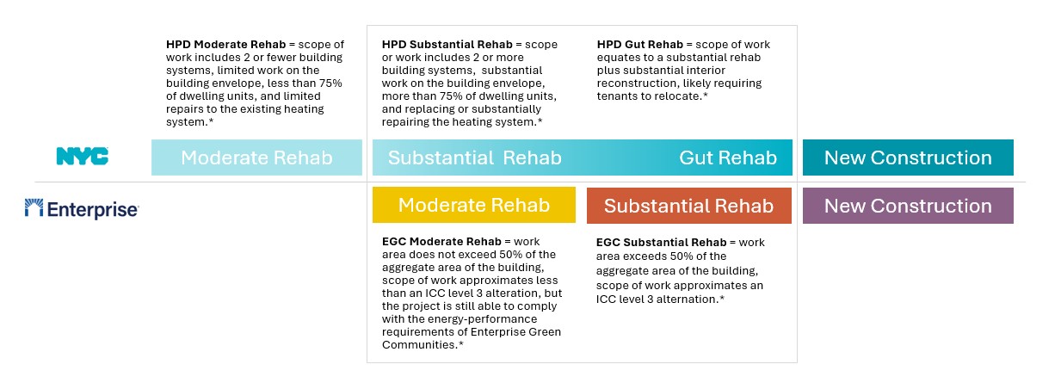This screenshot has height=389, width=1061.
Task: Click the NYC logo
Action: point(83,157)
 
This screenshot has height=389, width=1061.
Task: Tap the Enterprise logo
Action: point(82,208)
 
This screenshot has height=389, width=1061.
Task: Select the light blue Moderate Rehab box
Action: point(256,157)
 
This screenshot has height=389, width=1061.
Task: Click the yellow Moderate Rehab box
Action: point(473,205)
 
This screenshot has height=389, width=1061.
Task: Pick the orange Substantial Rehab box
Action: point(688,206)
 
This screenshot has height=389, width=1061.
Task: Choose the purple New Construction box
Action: point(908,206)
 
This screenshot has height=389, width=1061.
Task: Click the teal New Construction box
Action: point(908,157)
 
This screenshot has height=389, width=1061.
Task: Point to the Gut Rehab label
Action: point(728,157)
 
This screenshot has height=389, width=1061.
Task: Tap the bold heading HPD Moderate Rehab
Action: point(226,45)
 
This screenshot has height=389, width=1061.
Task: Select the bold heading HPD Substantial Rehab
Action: point(447,45)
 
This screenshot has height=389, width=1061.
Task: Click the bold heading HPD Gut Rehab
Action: point(640,45)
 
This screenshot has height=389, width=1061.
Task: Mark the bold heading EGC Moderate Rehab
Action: point(441,242)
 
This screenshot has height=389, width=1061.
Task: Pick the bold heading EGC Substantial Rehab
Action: point(661,243)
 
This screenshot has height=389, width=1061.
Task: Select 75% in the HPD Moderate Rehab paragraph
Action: point(330,83)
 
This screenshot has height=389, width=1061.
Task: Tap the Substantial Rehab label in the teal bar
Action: point(475,157)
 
